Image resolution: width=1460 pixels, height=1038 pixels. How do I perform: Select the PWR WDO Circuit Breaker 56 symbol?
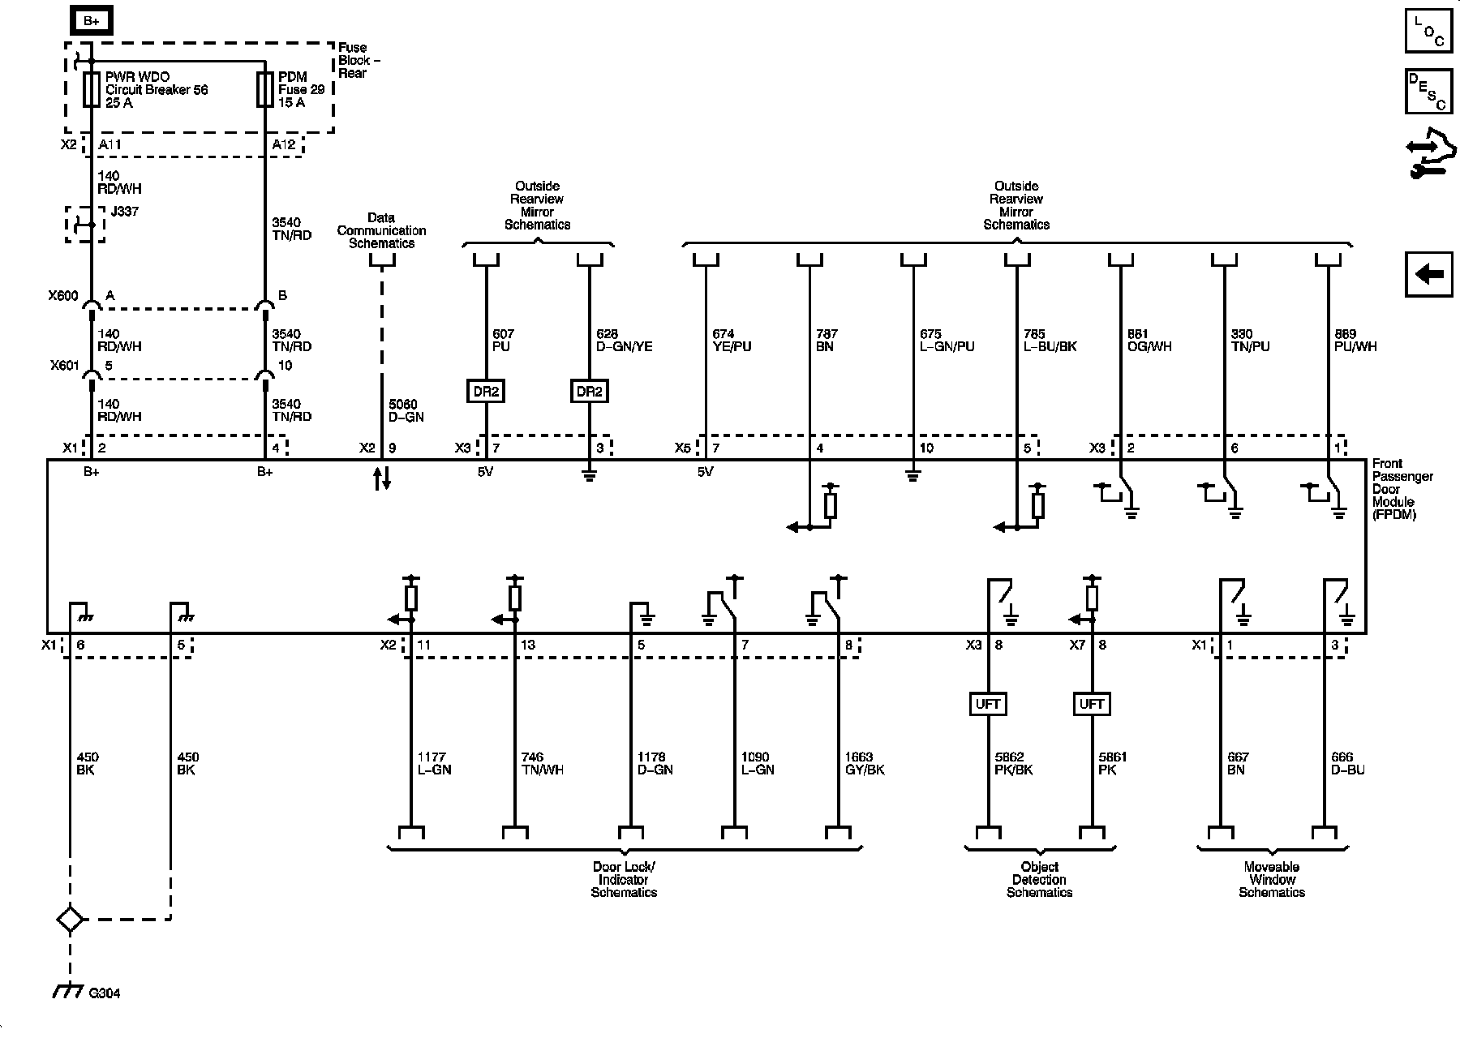(91, 89)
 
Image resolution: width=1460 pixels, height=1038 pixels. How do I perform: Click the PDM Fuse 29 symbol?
(265, 89)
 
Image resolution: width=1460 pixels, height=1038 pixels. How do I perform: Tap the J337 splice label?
(123, 212)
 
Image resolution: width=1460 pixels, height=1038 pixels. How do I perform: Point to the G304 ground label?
(105, 993)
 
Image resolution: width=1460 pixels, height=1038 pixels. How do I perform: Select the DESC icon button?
(1429, 91)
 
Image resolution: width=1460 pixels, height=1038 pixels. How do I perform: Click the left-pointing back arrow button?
(1429, 274)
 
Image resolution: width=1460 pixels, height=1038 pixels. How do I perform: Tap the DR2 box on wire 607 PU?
(486, 391)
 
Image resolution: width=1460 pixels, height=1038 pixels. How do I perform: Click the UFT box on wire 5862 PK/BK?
(988, 704)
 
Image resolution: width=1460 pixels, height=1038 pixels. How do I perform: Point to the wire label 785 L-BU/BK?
(1050, 341)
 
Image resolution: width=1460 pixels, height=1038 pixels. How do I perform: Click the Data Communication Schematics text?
(381, 230)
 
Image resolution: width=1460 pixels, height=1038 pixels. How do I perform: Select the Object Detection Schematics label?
(1040, 880)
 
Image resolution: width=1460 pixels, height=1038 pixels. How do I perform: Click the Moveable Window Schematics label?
(1272, 880)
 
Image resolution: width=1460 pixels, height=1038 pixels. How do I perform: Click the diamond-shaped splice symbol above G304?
(70, 920)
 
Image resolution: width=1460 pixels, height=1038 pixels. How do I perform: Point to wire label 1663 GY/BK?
(865, 763)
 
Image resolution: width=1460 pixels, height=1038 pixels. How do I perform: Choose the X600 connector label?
(63, 296)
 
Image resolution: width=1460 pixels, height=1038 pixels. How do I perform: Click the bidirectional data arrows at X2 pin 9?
(382, 478)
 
